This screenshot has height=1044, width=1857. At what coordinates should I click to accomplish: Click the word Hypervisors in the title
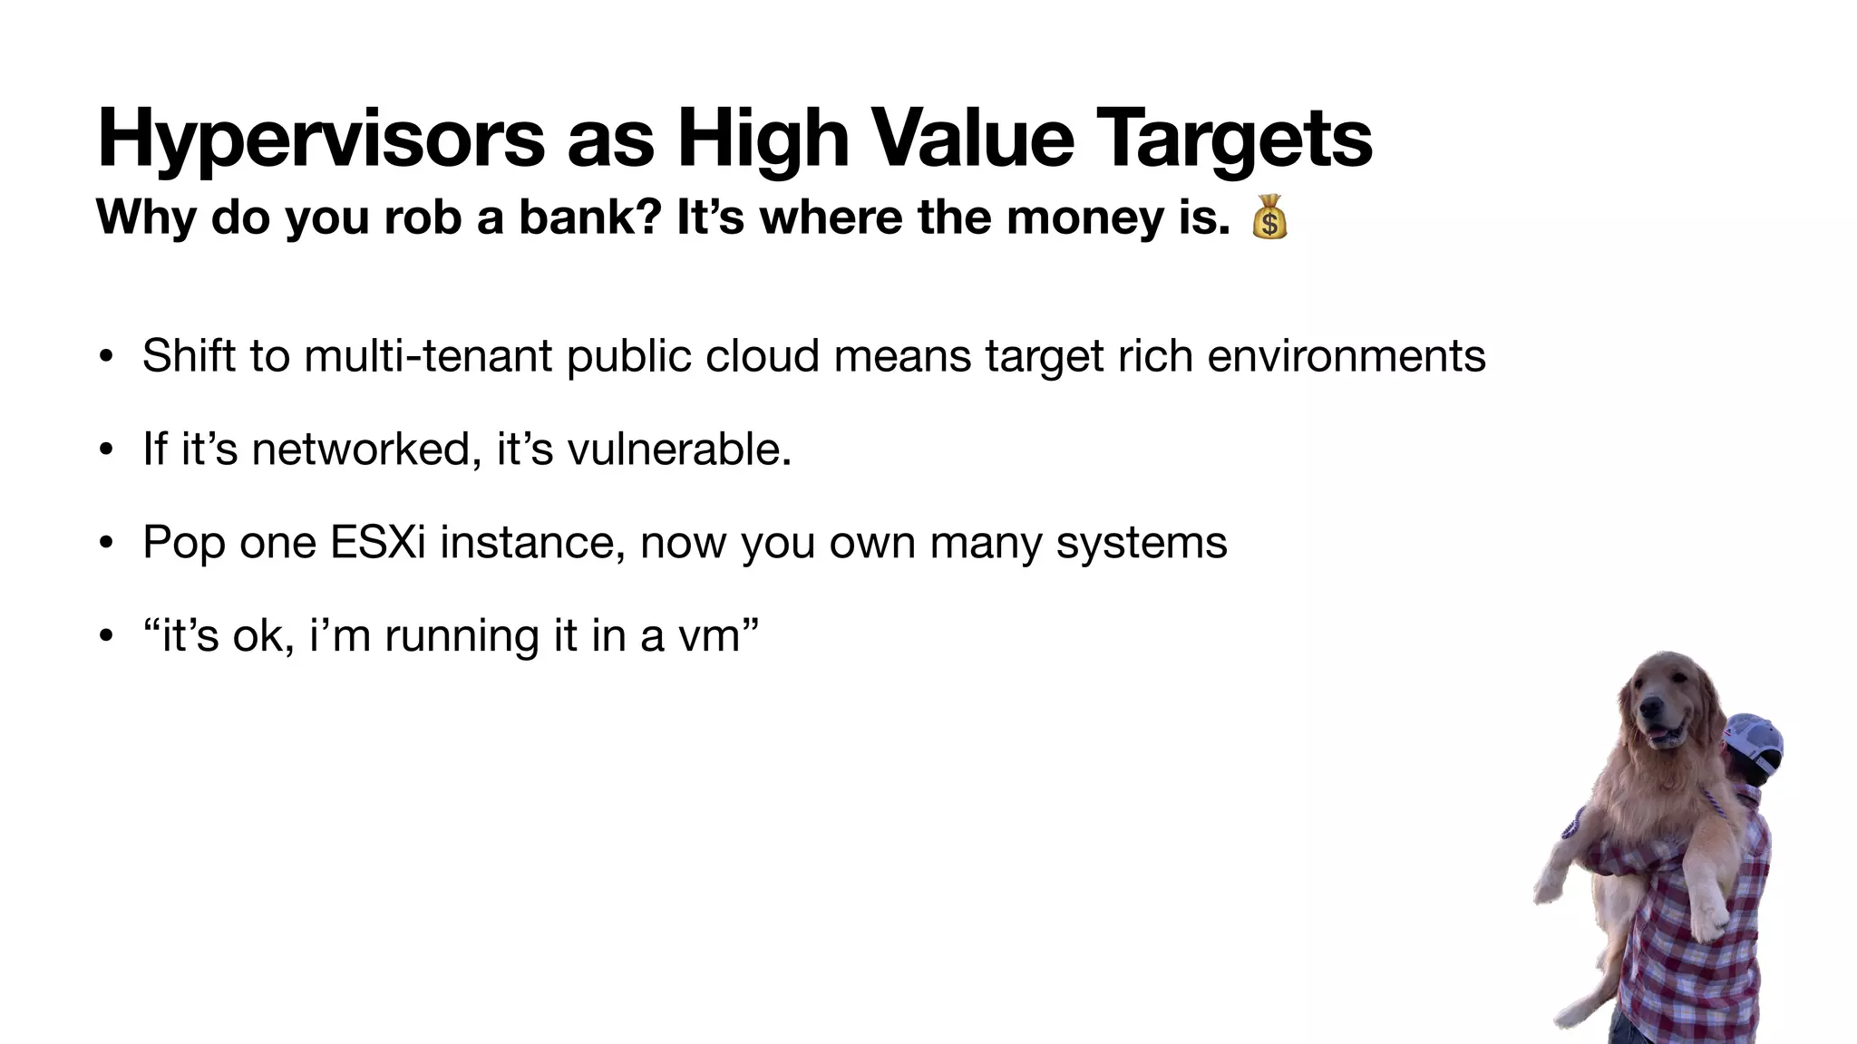coord(322,139)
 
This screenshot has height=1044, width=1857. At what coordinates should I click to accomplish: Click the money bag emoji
coord(1269,217)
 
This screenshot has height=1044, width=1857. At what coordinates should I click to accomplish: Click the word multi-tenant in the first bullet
coord(428,355)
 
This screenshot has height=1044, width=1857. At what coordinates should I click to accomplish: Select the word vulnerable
coord(679,449)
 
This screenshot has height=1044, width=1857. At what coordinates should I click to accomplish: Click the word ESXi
coord(377,542)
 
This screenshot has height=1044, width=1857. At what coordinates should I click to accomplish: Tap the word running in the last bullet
coord(462,635)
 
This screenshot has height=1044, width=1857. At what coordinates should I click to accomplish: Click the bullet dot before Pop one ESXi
coord(107,543)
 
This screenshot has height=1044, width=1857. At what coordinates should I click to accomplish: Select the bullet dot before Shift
coord(107,356)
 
